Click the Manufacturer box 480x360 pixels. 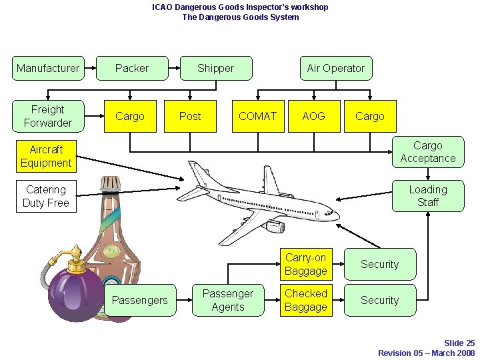(48, 68)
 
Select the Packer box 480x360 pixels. (132, 68)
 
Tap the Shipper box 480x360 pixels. (216, 68)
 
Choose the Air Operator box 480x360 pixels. (335, 68)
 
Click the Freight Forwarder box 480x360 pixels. (48, 116)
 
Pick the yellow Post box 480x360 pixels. (190, 116)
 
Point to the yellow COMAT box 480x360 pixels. (257, 116)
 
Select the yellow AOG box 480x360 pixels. (313, 116)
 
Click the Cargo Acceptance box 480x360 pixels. (427, 152)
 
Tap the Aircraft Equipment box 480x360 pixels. (45, 156)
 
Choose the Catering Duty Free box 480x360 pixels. (45, 196)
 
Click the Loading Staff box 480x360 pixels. (427, 196)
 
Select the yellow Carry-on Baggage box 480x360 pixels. (306, 264)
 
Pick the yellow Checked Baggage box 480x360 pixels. (306, 300)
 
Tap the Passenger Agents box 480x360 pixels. (228, 300)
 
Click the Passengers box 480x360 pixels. (140, 300)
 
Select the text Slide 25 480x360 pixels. (459, 343)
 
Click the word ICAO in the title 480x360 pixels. (163, 7)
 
